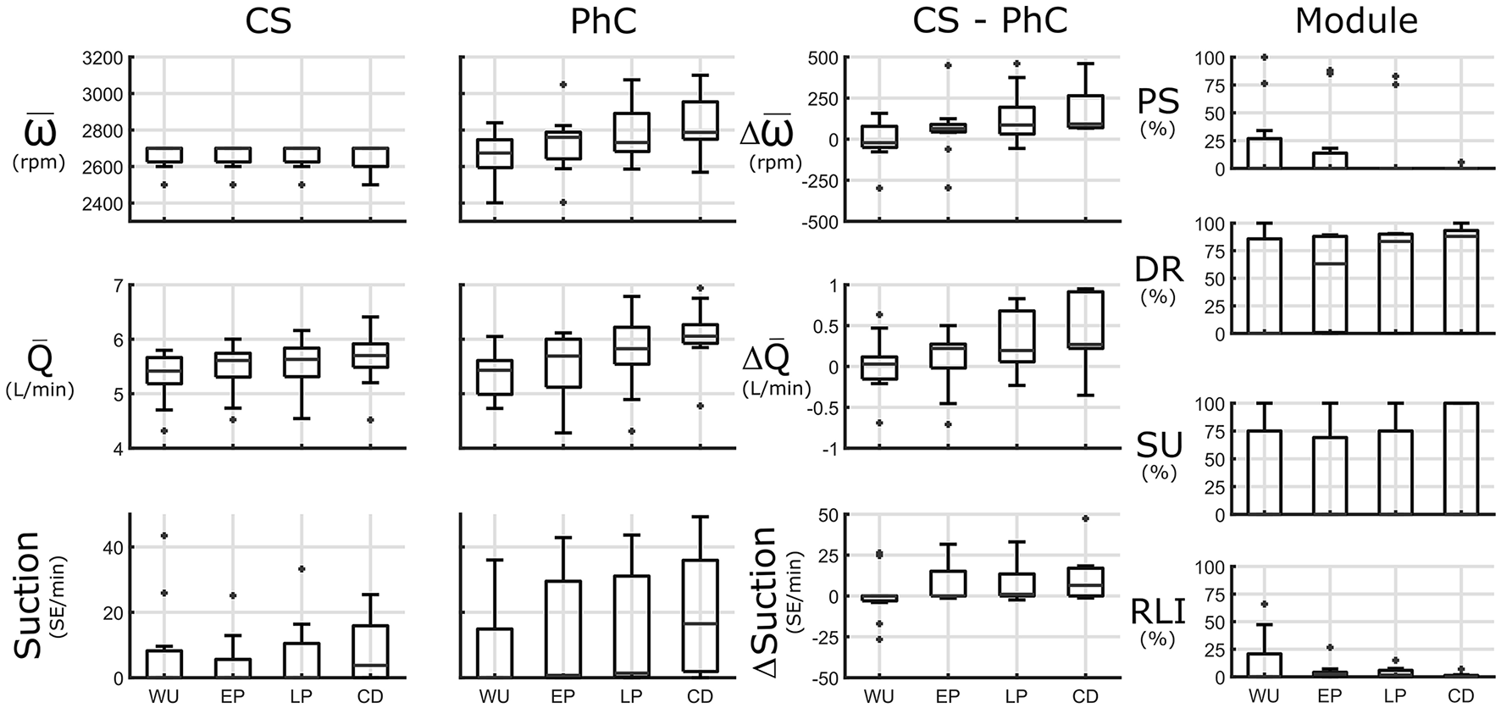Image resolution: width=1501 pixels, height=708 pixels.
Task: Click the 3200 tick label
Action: [x=102, y=58]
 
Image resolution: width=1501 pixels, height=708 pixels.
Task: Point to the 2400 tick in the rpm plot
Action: [x=102, y=204]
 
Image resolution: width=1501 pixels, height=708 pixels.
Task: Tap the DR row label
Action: [x=1157, y=269]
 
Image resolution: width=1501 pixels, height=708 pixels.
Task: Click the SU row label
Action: [x=1157, y=444]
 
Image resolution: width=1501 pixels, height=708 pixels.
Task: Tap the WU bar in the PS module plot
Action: [x=1264, y=153]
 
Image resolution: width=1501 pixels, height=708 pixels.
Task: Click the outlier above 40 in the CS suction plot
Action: [x=163, y=536]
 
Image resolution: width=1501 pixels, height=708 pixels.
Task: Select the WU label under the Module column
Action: [x=1264, y=696]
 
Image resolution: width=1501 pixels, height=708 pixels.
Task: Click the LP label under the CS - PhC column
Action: [x=1016, y=696]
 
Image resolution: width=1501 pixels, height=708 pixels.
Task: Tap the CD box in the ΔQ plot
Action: [x=1085, y=319]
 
